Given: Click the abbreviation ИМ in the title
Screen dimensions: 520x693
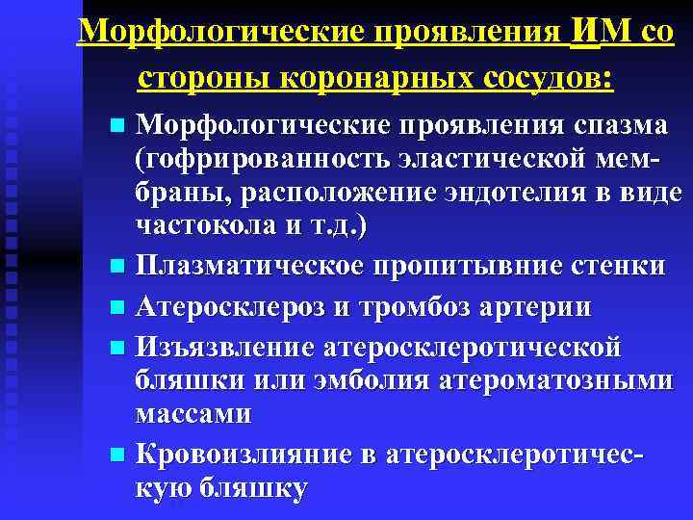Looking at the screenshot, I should point(602,32).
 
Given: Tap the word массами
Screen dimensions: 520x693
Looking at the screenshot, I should point(193,414).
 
